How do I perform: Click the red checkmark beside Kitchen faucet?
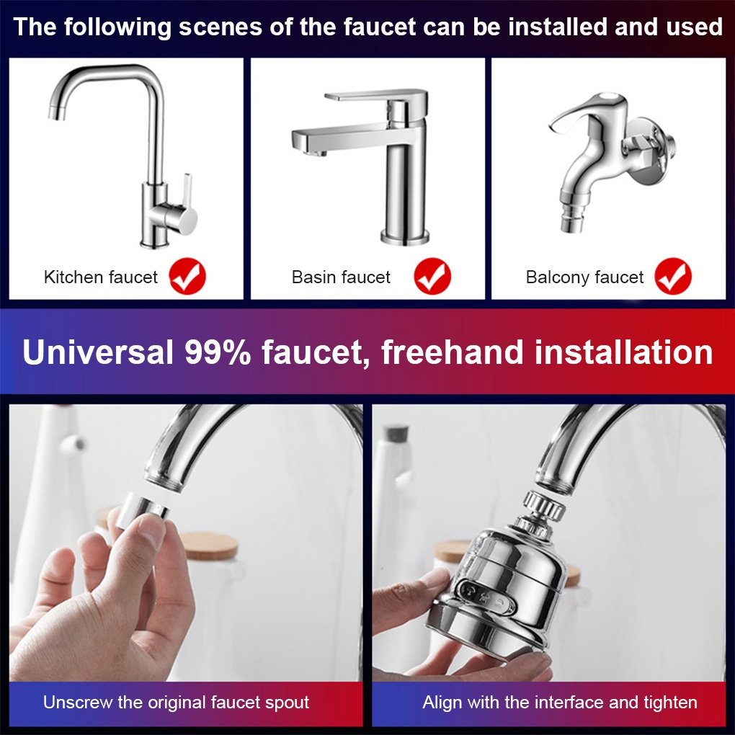187,276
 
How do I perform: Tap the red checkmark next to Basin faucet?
432,276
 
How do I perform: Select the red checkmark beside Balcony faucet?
673,276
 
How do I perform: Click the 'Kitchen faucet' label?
101,277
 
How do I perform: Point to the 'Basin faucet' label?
341,277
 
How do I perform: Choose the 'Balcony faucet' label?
584,277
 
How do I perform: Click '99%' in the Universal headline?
218,352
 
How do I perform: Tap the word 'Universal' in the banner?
97,352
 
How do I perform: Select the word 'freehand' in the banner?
452,352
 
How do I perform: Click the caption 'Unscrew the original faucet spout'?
177,702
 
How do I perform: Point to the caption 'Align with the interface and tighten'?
560,702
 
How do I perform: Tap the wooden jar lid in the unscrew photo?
210,545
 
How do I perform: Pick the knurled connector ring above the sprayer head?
544,507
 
